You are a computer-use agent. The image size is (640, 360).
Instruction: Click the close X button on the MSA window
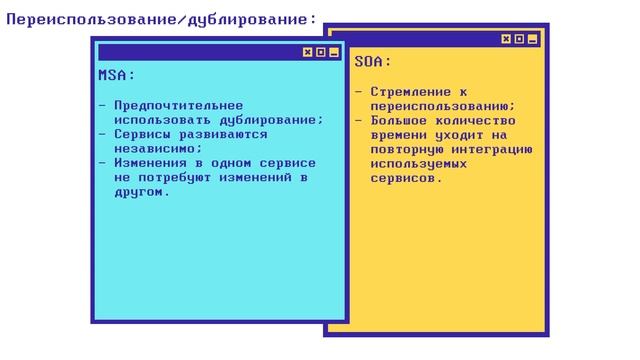point(307,52)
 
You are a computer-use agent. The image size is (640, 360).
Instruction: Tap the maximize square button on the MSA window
point(320,52)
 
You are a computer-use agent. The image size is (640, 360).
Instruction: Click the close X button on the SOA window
point(507,40)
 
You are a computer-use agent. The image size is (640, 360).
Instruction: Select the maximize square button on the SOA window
point(520,40)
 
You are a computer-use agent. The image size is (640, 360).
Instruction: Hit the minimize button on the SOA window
point(533,40)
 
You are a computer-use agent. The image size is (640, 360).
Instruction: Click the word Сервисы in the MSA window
point(142,133)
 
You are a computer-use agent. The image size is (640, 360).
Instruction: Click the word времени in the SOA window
point(398,134)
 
